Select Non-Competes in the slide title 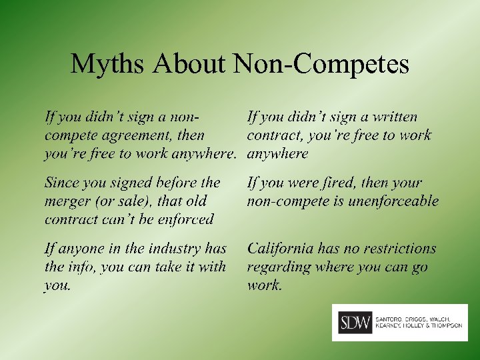[321, 65]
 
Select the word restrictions [395, 249]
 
